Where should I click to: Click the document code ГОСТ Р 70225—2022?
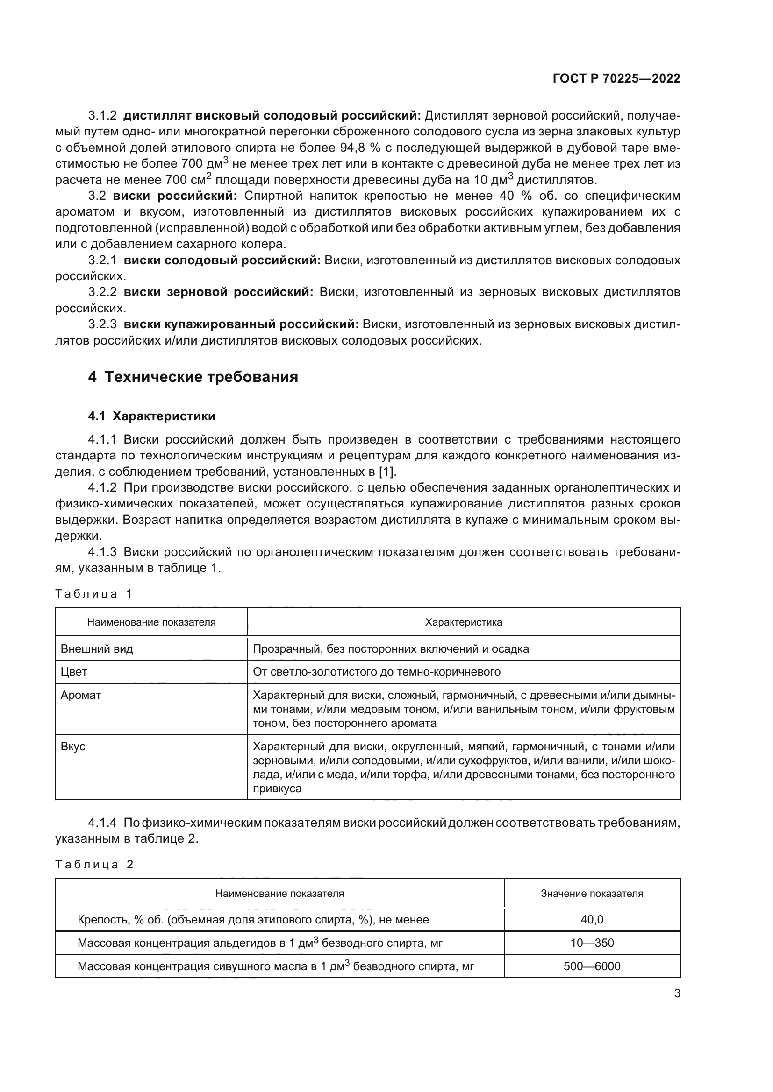point(616,79)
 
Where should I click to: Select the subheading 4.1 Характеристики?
point(151,416)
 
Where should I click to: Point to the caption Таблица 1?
point(93,593)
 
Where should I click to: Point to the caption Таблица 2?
point(94,864)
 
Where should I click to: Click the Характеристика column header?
point(463,622)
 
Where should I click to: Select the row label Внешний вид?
point(97,649)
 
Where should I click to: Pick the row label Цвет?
point(74,671)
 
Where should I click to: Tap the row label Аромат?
point(81,695)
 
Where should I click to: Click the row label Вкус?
point(73,746)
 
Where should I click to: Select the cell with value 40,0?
point(592,919)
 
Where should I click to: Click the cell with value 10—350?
point(592,943)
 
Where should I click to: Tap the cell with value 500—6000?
point(592,966)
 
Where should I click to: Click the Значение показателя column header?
point(592,893)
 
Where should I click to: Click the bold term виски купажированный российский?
point(241,324)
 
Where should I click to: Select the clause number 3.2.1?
point(102,260)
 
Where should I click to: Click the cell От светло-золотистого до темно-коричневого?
point(377,671)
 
